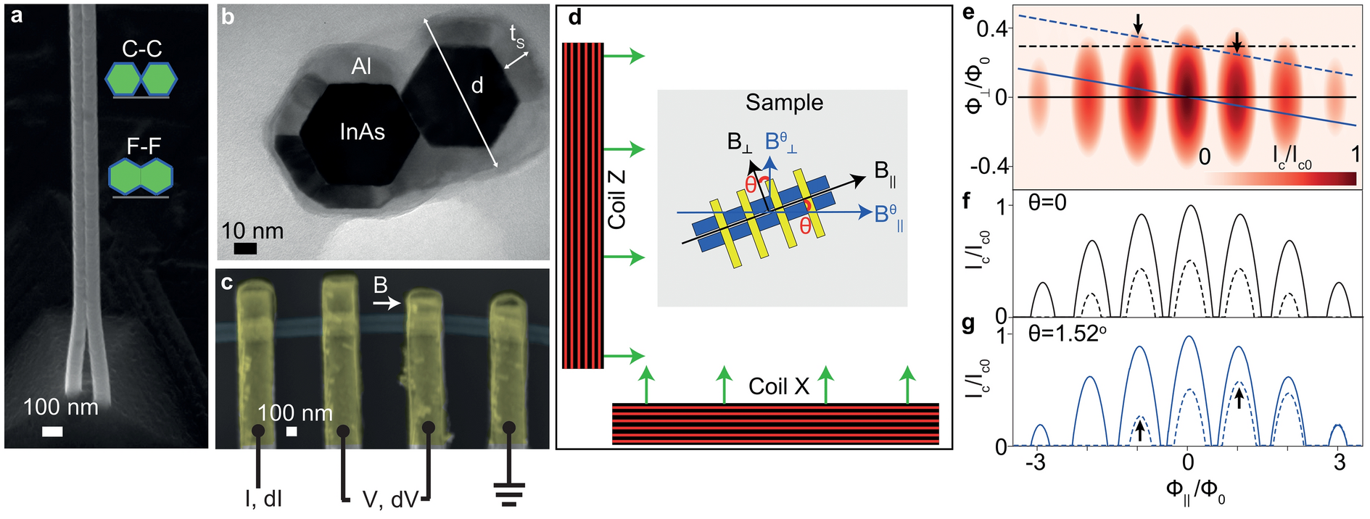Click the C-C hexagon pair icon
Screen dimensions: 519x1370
(x=141, y=80)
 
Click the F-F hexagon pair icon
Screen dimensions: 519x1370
(x=141, y=178)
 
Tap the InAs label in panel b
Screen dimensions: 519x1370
(x=362, y=132)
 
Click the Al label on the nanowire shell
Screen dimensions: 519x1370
(x=361, y=67)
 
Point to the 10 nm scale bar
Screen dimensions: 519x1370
(x=246, y=249)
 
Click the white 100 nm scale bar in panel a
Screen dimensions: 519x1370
(x=52, y=432)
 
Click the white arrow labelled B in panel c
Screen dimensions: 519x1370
(x=387, y=304)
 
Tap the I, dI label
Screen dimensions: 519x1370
(x=263, y=499)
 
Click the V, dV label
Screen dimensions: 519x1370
(x=390, y=499)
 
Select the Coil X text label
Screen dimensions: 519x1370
(x=778, y=386)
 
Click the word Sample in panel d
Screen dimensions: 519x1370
(x=784, y=102)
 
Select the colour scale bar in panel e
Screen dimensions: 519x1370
(x=1280, y=178)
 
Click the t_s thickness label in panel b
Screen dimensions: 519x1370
(x=516, y=36)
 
